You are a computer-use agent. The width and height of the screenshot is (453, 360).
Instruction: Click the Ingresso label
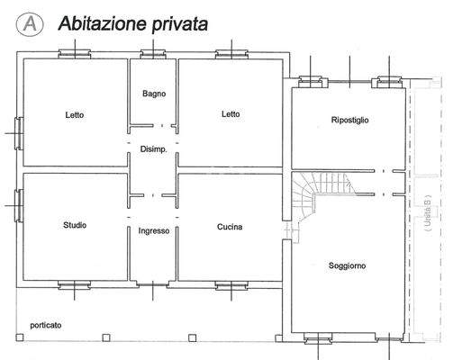click(x=153, y=230)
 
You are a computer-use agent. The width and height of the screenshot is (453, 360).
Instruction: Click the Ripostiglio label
click(x=349, y=120)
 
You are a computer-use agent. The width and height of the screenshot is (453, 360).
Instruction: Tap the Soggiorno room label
click(x=348, y=265)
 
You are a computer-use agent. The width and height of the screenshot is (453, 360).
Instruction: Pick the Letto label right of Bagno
click(x=231, y=114)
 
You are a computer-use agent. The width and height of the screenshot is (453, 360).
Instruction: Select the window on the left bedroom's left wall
click(x=19, y=132)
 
